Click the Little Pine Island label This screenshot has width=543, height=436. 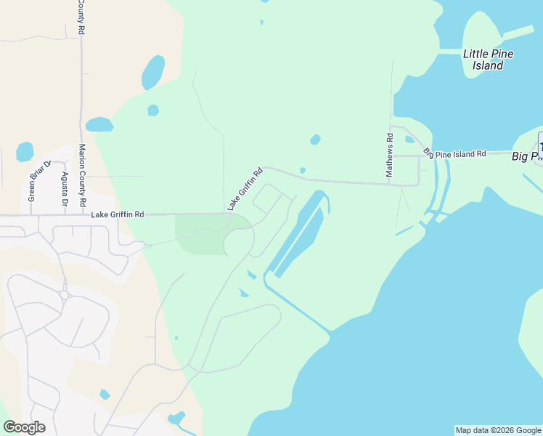click(483, 59)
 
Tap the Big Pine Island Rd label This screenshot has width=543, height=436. click(455, 154)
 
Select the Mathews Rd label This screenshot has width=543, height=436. click(390, 156)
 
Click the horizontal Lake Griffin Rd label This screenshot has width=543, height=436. click(118, 214)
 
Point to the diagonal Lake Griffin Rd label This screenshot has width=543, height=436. click(245, 190)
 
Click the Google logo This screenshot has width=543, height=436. click(24, 427)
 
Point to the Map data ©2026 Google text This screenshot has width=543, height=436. click(498, 430)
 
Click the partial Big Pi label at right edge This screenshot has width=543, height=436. click(527, 156)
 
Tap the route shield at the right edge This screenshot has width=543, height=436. click(540, 140)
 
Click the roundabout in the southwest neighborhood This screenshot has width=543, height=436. click(65, 295)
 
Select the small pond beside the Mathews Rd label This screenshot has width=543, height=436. click(409, 140)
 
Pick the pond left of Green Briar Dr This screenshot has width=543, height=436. click(25, 152)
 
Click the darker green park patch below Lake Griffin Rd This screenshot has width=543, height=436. click(201, 235)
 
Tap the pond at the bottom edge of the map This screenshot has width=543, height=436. click(176, 419)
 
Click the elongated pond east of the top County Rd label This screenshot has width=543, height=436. click(153, 72)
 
